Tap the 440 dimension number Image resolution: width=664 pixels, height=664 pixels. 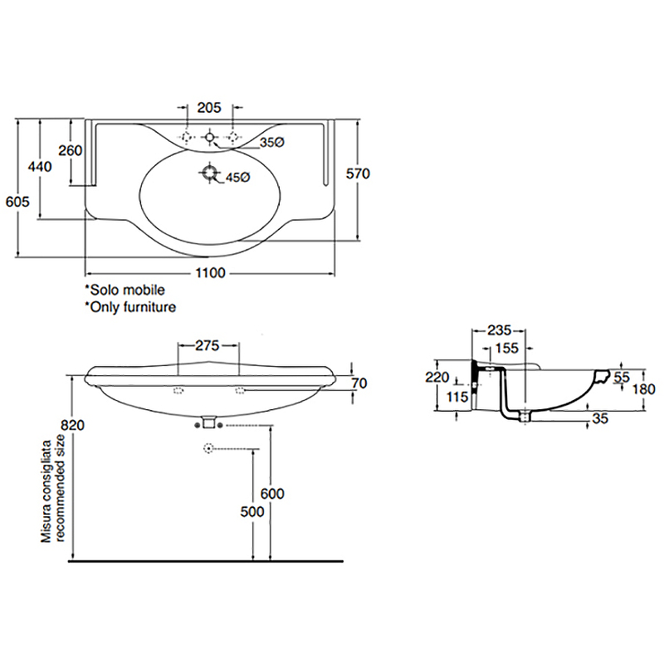40,166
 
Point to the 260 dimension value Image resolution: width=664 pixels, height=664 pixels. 71,150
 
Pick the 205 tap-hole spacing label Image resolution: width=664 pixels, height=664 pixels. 209,107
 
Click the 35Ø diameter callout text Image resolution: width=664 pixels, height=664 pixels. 271,143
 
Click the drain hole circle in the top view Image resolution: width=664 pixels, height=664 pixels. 210,174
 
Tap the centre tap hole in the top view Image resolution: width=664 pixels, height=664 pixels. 210,135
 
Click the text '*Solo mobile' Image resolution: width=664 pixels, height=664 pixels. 124,290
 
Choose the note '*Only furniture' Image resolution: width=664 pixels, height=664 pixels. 129,306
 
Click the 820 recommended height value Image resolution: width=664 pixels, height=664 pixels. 73,425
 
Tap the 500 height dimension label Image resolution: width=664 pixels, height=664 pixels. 251,511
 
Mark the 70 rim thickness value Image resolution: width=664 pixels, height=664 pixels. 359,383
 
